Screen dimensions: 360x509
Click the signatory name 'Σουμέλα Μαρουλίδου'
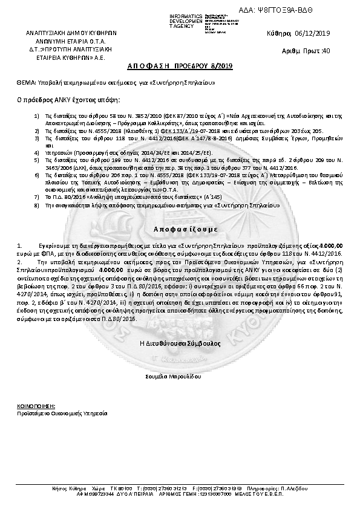pos(180,375)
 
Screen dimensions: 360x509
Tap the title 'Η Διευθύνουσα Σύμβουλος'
pos(180,342)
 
